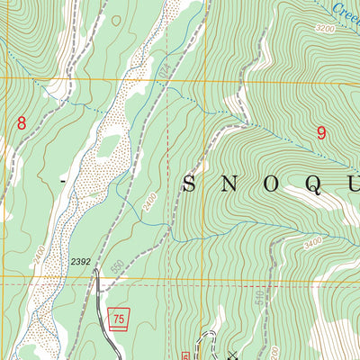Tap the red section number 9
[x=321, y=132]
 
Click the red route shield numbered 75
[x=118, y=317]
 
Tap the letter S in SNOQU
[x=190, y=184]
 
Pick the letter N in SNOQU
[x=230, y=184]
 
